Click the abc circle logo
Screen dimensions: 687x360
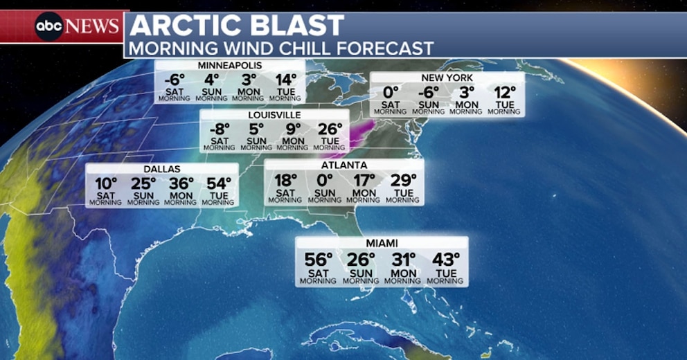click(x=50, y=26)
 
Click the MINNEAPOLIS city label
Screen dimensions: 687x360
click(x=229, y=66)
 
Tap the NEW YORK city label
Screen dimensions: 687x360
click(x=446, y=78)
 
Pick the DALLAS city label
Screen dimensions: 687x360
click(x=162, y=169)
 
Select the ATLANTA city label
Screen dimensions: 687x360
click(x=344, y=165)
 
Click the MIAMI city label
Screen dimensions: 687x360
click(x=382, y=243)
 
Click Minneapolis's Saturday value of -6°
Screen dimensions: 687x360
click(x=175, y=80)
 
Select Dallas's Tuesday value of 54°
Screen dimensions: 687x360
click(x=219, y=184)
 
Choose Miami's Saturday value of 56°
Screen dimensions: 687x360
click(x=318, y=260)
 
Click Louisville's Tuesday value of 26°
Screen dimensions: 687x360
click(x=330, y=129)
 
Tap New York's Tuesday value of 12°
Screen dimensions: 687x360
click(x=506, y=92)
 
